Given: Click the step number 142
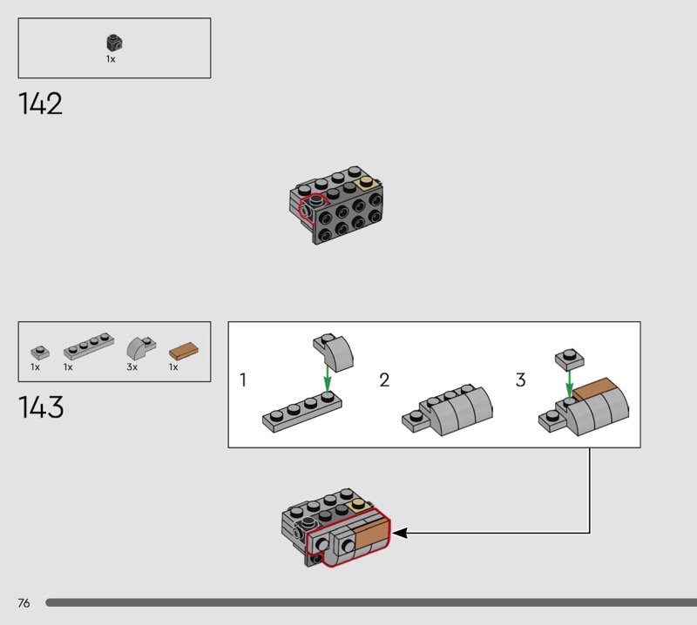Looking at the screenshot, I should [40, 104].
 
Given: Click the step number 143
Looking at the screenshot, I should [41, 407].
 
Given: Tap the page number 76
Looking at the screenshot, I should [24, 603].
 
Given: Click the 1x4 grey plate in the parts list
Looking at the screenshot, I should [89, 350].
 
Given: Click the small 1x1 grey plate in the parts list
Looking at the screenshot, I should [39, 352].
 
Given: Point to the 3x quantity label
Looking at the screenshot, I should [132, 367].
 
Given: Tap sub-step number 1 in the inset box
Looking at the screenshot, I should [244, 380].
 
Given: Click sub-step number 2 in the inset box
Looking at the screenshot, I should [384, 380].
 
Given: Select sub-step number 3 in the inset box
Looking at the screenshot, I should [521, 380].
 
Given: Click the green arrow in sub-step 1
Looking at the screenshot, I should [327, 378].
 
